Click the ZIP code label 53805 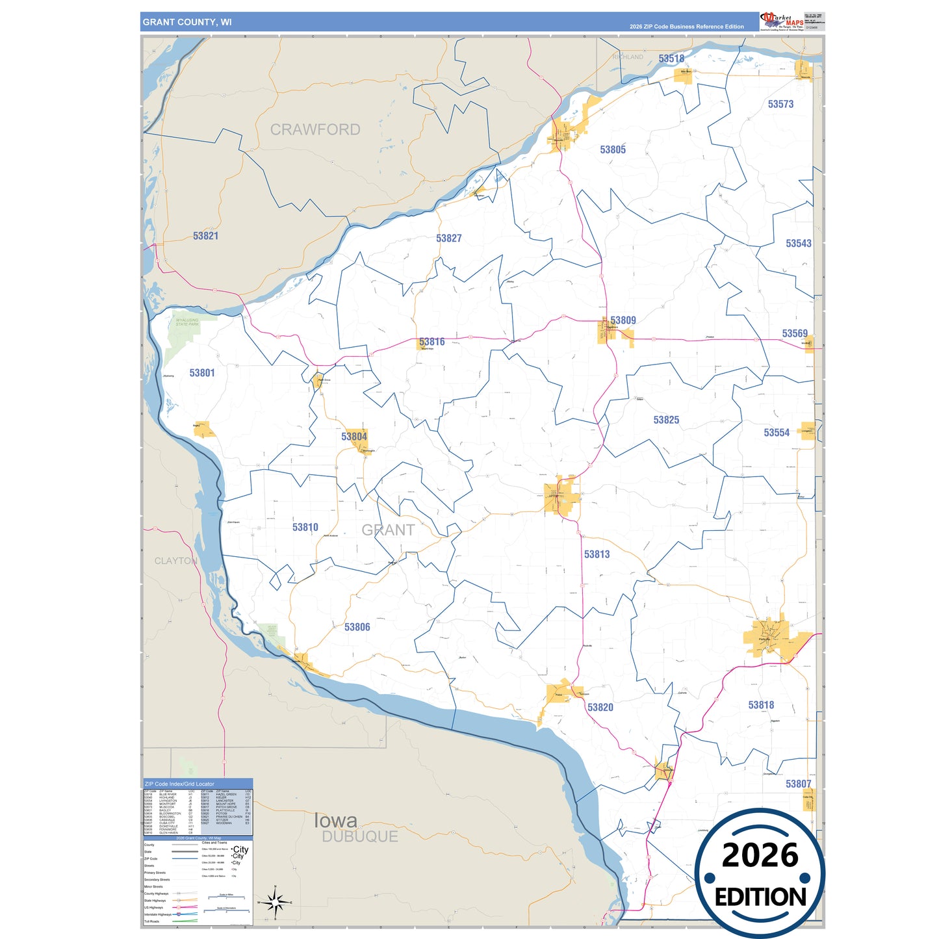point(613,149)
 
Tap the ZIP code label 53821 point(205,236)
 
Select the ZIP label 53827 point(448,238)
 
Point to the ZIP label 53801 point(202,373)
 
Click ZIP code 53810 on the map point(305,528)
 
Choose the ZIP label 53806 point(357,627)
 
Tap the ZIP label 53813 point(597,554)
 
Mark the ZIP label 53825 point(666,420)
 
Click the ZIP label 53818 point(761,705)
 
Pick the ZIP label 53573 point(780,104)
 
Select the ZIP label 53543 point(798,244)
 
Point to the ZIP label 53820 point(600,708)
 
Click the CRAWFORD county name point(315,130)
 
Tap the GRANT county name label point(388,530)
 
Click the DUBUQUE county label point(360,837)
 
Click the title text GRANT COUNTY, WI point(187,22)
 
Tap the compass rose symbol point(276,902)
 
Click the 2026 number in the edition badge point(760,856)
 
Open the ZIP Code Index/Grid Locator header point(179,784)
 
